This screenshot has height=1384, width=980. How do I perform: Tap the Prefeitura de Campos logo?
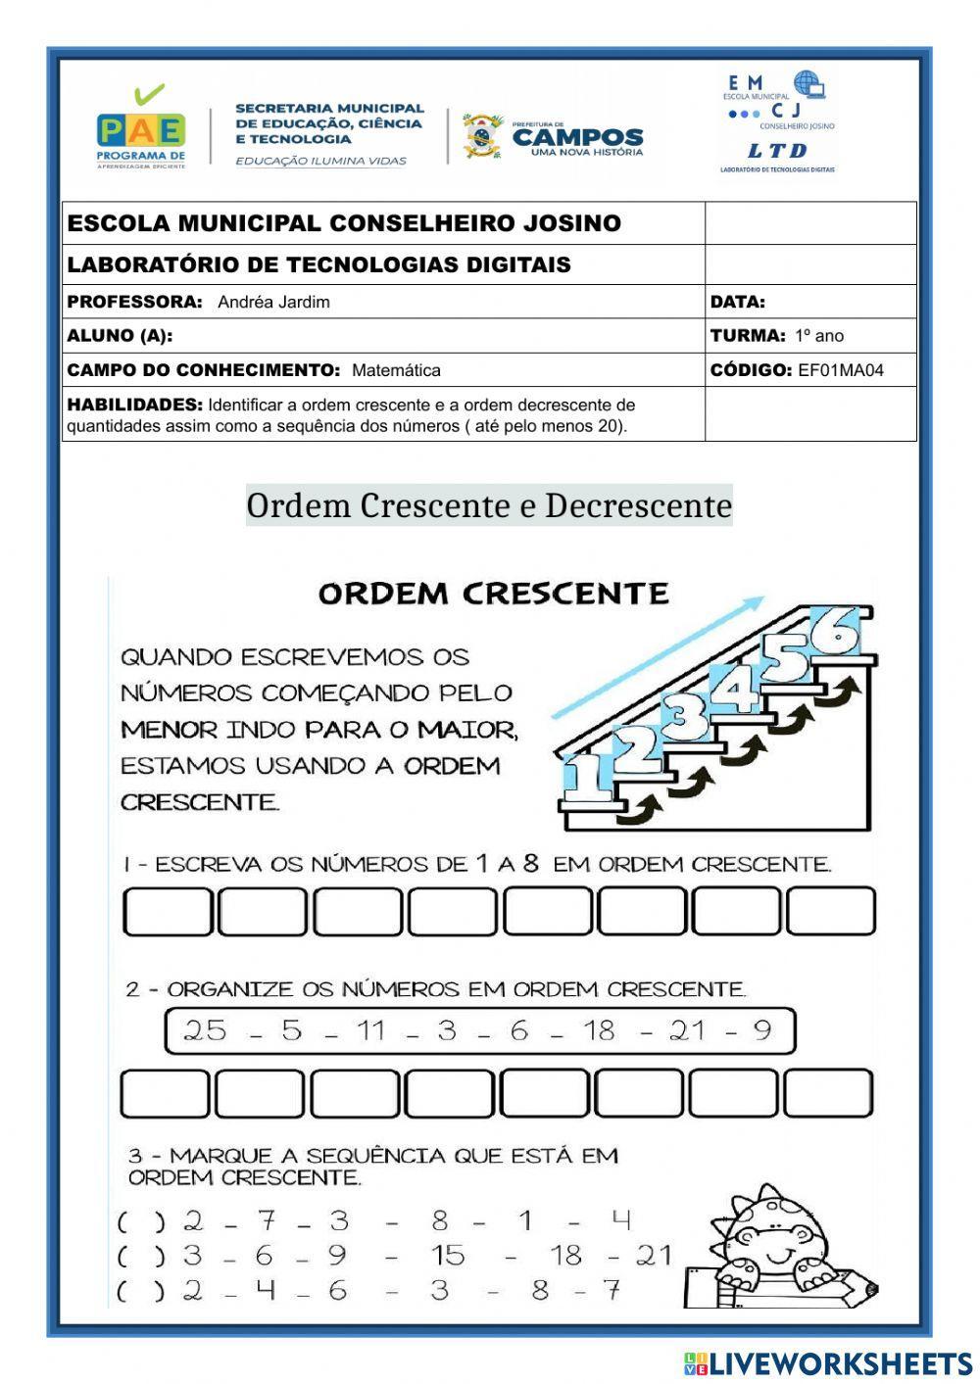[554, 137]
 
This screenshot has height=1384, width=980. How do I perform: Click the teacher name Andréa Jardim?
[273, 302]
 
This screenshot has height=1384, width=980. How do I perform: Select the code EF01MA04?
[841, 370]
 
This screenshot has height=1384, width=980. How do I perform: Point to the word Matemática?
[396, 370]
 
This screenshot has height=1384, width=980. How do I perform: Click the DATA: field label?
[738, 302]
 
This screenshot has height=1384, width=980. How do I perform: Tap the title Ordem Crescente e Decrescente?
[489, 505]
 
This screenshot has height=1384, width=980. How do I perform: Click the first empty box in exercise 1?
[168, 912]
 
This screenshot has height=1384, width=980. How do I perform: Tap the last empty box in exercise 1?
[831, 912]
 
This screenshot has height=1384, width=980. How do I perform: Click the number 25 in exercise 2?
[205, 1030]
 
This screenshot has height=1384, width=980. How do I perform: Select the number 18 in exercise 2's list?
[598, 1030]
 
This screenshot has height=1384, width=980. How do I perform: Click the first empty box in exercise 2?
[165, 1093]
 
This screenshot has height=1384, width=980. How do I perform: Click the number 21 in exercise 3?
[653, 1255]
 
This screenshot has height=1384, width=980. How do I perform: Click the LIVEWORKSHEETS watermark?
[828, 1363]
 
